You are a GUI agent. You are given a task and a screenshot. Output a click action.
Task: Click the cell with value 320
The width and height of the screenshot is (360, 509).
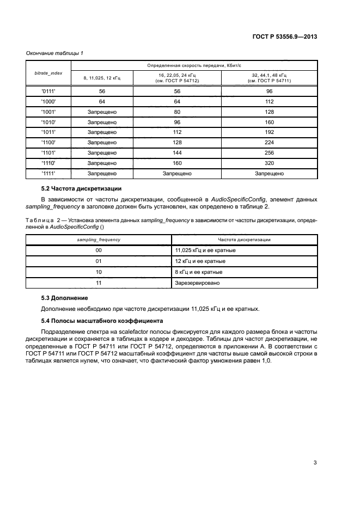pos(268,163)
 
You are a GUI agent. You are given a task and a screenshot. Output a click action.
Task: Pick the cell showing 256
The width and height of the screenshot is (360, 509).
pos(268,152)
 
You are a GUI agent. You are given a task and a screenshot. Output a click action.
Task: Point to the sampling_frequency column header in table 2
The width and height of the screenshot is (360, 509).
pos(99,240)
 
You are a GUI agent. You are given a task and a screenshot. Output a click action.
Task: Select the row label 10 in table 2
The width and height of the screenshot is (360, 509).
pos(99,272)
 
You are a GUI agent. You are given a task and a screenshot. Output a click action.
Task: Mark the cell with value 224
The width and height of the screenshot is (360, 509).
pos(268,142)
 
